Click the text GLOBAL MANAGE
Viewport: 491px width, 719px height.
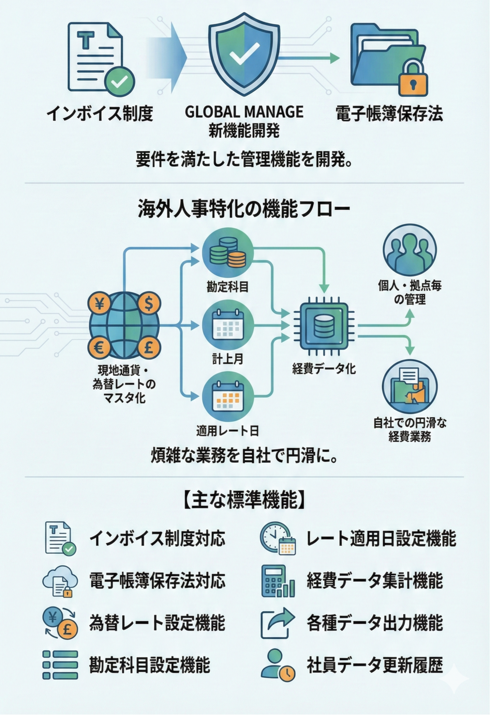[x=244, y=112]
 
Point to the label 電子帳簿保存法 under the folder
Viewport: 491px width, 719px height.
[x=389, y=114]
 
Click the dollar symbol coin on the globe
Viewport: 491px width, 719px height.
[x=149, y=304]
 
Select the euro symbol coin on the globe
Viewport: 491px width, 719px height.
[x=99, y=348]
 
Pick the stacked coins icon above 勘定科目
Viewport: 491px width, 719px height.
[x=228, y=252]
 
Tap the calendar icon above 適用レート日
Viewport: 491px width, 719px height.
[x=228, y=396]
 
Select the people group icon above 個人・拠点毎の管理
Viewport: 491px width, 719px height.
[x=410, y=253]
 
